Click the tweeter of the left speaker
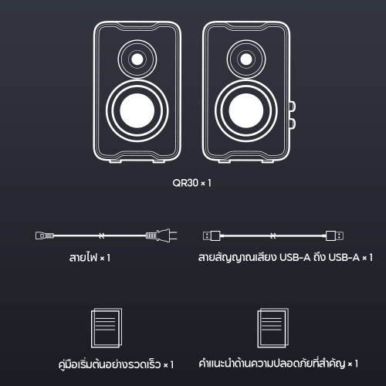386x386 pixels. [137, 59]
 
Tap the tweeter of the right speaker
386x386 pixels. [246, 59]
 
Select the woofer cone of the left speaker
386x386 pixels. [137, 110]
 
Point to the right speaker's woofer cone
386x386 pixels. [246, 110]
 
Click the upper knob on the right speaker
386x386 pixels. [293, 107]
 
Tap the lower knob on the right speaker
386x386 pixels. [293, 124]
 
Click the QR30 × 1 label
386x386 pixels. [191, 183]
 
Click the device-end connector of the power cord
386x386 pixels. [45, 235]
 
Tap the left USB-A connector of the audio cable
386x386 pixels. [212, 235]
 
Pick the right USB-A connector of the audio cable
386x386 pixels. [334, 235]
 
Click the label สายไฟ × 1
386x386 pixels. [90, 257]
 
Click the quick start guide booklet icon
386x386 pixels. [107, 328]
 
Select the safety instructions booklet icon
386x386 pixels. [273, 328]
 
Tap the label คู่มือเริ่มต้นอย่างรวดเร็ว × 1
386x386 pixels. [116, 364]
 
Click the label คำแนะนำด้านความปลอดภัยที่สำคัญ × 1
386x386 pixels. [279, 364]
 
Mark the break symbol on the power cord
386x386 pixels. [102, 235]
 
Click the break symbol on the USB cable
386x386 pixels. [273, 235]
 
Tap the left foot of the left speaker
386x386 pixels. [115, 161]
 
